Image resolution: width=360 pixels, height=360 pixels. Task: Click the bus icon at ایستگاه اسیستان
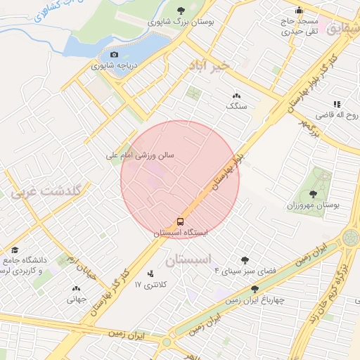point(181,220)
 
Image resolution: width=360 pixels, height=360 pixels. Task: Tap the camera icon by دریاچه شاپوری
point(115,55)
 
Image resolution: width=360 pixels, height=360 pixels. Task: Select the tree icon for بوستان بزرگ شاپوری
point(181,11)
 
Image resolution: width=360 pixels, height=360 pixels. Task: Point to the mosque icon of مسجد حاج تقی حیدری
point(300,11)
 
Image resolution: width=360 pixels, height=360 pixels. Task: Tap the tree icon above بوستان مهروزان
point(313,193)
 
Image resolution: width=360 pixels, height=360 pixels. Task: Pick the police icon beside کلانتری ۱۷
point(150,274)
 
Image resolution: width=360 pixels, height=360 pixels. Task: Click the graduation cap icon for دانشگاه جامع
point(15,250)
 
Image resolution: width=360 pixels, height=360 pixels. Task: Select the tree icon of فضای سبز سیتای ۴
point(245,259)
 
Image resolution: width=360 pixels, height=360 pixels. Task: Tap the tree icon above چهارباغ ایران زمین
point(255,288)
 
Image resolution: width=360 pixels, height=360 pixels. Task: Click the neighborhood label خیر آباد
point(210,65)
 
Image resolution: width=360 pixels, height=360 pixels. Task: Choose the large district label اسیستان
point(188,260)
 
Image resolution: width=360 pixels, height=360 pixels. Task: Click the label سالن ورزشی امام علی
point(139,155)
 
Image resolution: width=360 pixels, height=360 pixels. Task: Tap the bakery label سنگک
point(237,105)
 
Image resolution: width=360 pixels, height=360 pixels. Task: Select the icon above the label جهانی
point(76,288)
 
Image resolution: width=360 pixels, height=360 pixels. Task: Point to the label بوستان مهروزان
point(313,205)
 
